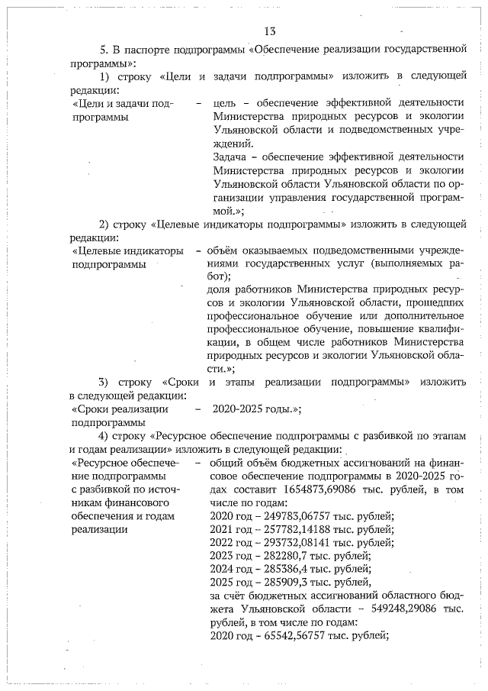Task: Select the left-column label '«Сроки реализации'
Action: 117,408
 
